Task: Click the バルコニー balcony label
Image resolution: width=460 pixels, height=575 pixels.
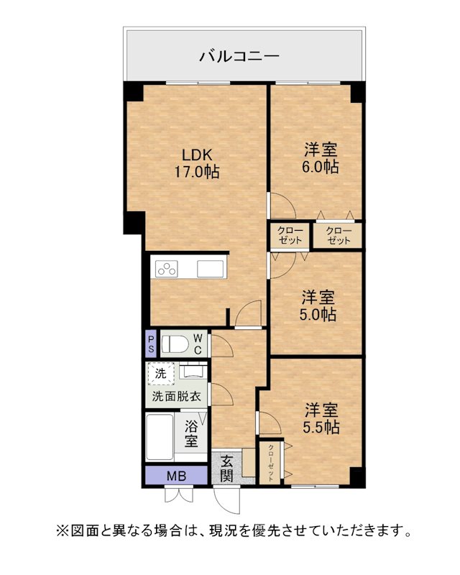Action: (x=239, y=56)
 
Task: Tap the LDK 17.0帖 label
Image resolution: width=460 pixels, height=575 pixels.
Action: (x=197, y=163)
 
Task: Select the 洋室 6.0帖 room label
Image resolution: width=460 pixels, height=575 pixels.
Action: (x=321, y=158)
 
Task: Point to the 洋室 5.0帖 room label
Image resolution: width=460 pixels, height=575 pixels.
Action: (x=318, y=306)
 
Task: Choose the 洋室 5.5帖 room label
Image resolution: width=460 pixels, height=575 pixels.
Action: (x=321, y=418)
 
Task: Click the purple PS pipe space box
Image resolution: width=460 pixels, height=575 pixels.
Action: (x=151, y=344)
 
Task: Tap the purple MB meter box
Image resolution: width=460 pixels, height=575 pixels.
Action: (x=176, y=476)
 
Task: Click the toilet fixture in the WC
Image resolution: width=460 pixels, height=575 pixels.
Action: (x=175, y=344)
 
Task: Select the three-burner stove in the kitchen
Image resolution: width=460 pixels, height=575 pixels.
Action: (x=167, y=269)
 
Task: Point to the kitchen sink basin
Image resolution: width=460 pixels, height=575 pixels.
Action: (x=210, y=269)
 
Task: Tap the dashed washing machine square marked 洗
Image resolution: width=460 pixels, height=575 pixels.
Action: (x=161, y=374)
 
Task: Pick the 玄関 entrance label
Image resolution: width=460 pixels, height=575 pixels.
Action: (x=226, y=469)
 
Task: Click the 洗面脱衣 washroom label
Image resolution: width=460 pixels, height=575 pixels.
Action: (x=176, y=397)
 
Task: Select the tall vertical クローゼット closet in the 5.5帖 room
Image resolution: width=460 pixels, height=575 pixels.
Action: (x=270, y=463)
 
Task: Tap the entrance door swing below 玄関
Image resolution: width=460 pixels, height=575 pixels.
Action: (x=227, y=500)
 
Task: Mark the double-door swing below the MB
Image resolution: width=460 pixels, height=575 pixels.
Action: (x=178, y=494)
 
